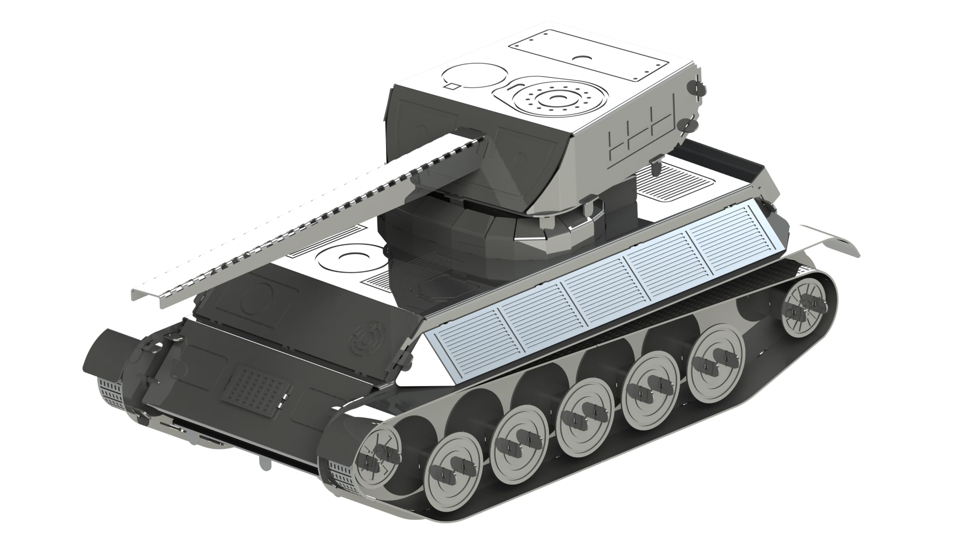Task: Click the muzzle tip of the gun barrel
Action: pos(144,296)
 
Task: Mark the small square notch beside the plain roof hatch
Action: pos(453,86)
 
